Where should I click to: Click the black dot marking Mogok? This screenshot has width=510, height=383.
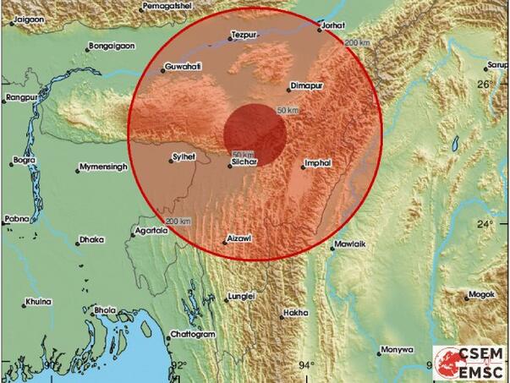pyautogui.click(x=466, y=296)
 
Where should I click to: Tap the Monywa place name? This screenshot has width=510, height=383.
pyautogui.click(x=397, y=348)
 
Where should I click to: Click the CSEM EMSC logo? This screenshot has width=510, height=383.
pyautogui.click(x=469, y=362)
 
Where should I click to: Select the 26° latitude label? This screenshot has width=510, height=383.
pyautogui.click(x=484, y=85)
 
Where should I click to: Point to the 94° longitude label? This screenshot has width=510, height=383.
pyautogui.click(x=306, y=366)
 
